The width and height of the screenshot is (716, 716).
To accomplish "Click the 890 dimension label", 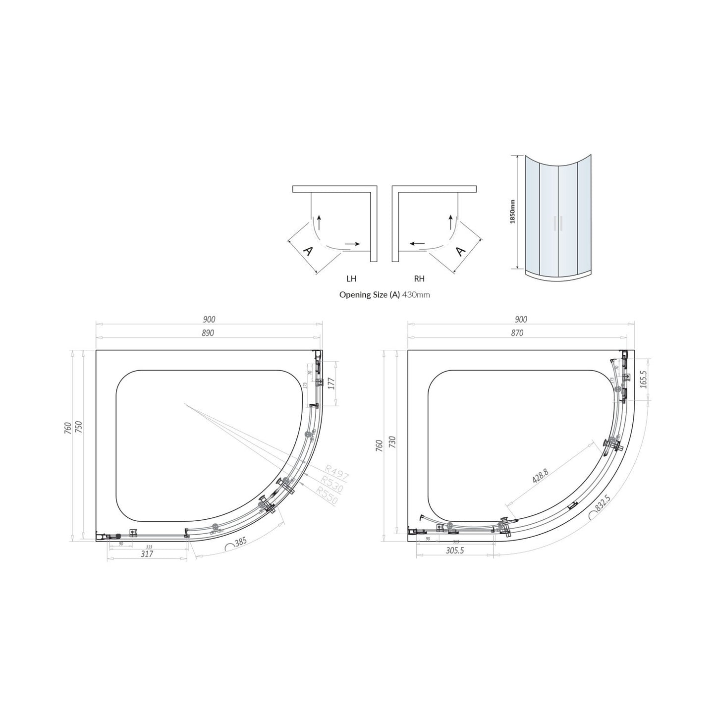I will tap(208, 333).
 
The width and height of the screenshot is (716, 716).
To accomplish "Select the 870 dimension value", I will tap(517, 333).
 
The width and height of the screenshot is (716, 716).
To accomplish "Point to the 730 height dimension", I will tap(392, 441).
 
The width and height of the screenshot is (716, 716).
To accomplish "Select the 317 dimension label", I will tap(147, 554).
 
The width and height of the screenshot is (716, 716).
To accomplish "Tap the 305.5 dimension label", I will tap(454, 551).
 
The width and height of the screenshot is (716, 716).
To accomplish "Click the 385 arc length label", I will tap(240, 543).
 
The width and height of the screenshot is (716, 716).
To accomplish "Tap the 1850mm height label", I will tap(512, 212).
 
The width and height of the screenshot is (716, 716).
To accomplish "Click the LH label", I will tap(351, 279).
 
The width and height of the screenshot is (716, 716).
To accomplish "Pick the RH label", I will tap(419, 279).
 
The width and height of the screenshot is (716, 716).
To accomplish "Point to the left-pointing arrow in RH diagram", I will tap(416, 244).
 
